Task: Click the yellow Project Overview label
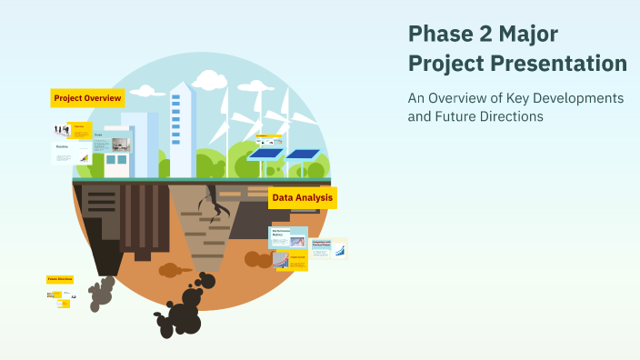coord(87,98)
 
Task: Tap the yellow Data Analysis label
coord(303,197)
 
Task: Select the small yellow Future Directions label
coord(60,280)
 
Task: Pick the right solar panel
coord(303,154)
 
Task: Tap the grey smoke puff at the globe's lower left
coord(102,293)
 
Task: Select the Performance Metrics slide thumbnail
coord(288,236)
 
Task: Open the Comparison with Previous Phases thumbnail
coord(327,247)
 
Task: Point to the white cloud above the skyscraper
coord(207,80)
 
